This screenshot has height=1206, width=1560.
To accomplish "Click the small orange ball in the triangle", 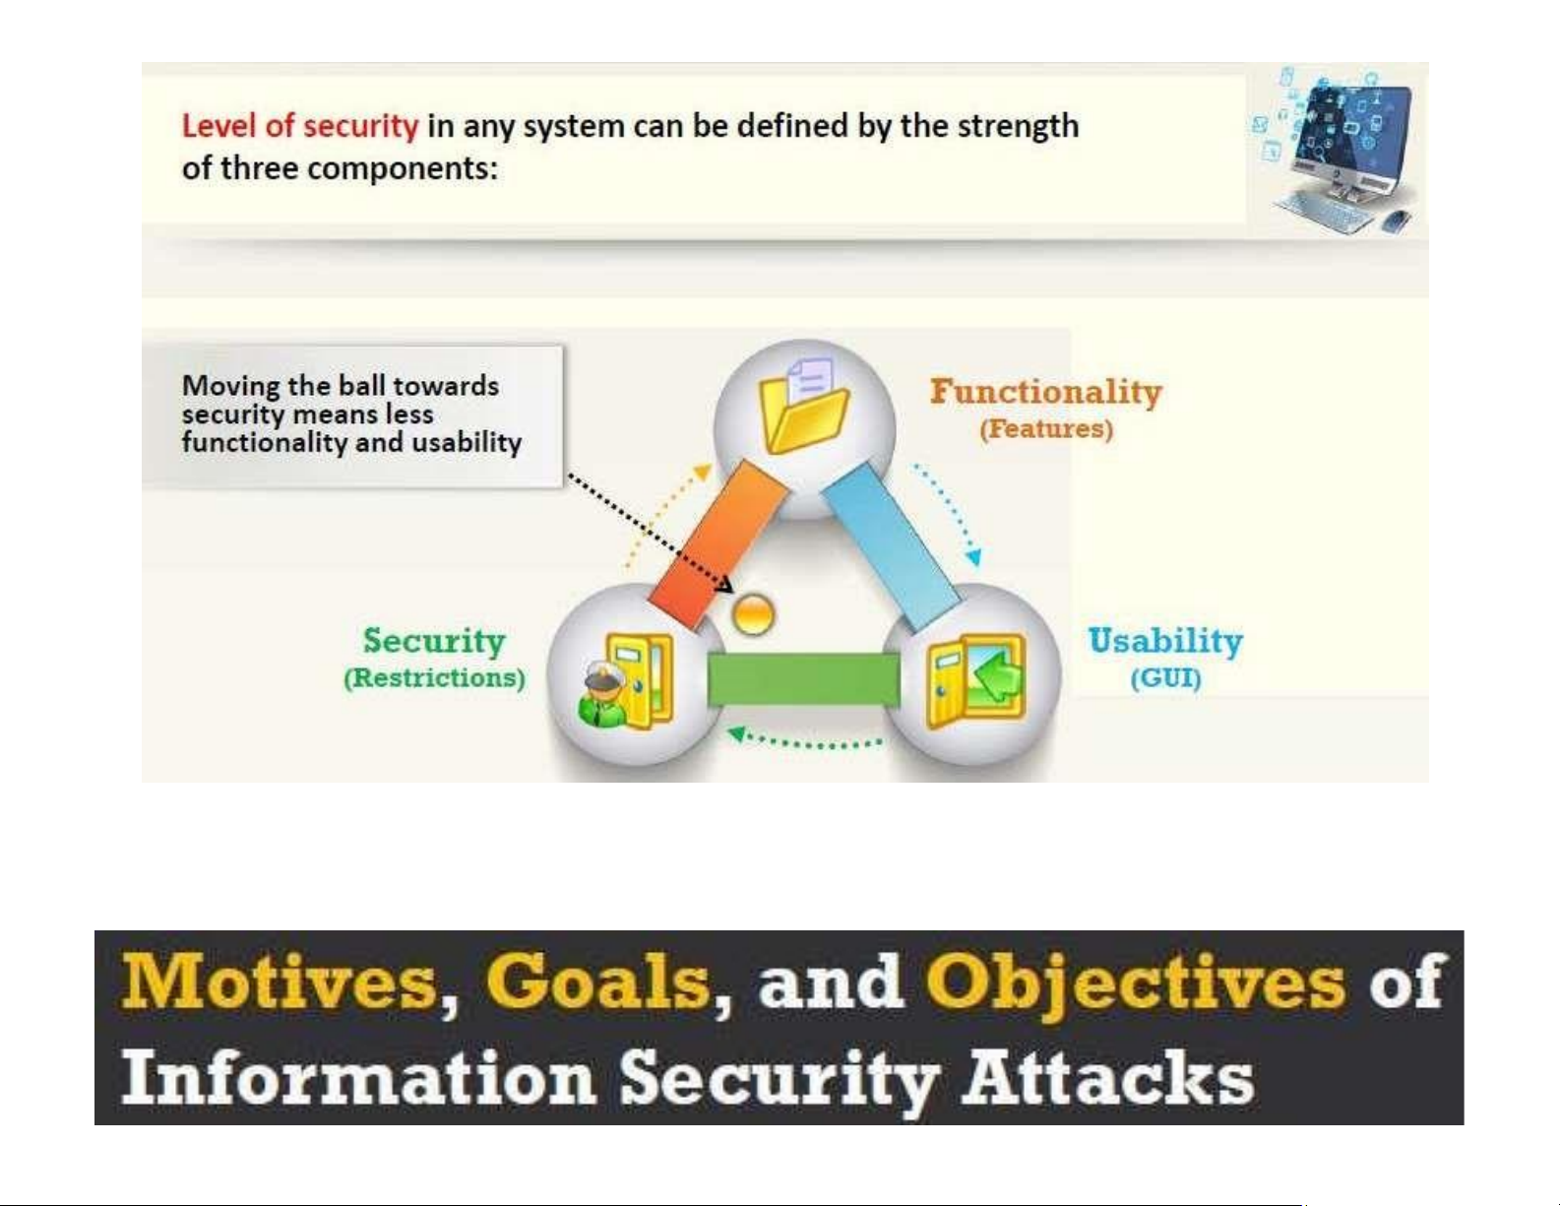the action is pos(753,614).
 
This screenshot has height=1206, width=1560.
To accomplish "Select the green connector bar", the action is pos(803,679).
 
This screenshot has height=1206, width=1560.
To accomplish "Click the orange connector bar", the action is pos(718,543).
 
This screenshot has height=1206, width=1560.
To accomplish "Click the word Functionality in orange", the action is pos(1046,392).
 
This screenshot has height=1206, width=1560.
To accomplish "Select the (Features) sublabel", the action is pos(1046,429).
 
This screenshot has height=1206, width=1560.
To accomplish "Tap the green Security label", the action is pos(434,640).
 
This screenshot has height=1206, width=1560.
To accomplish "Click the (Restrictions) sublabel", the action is pos(434,677).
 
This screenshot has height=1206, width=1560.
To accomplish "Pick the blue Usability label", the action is pos(1166,641).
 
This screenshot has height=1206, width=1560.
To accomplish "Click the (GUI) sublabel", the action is pos(1166,678).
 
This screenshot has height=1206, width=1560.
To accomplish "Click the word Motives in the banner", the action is pos(280,984).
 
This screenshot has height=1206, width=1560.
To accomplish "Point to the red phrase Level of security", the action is pos(300,126).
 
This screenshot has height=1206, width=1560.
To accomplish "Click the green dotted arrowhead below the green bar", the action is pos(737,733).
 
